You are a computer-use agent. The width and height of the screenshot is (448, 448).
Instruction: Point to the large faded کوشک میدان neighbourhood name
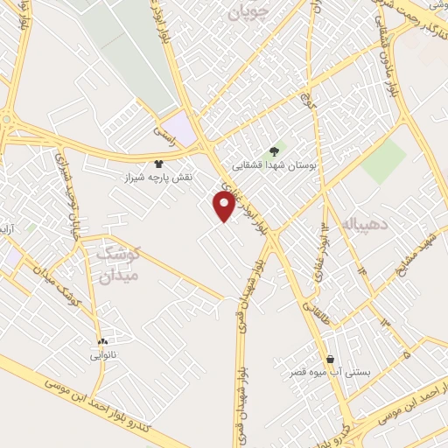click(117, 265)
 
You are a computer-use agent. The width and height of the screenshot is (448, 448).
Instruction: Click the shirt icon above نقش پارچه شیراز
click(158, 163)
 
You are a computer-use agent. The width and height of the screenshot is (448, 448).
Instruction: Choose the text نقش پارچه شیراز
click(158, 177)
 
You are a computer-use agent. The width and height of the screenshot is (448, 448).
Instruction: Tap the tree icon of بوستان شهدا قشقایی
click(276, 150)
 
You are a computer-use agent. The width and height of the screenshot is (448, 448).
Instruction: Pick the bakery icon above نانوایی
click(103, 342)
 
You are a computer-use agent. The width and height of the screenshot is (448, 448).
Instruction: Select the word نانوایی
click(102, 356)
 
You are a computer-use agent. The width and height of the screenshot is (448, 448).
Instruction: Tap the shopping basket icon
click(330, 359)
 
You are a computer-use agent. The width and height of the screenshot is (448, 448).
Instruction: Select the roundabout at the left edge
click(7, 120)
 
